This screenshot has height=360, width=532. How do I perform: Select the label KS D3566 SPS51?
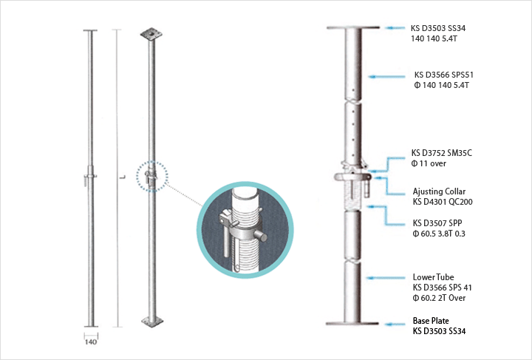pyautogui.click(x=443, y=75)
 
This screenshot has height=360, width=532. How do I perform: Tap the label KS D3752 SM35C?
pyautogui.click(x=441, y=153)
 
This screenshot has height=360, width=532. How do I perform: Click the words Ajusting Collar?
pyautogui.click(x=439, y=191)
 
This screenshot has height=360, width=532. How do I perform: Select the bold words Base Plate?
pyautogui.click(x=429, y=322)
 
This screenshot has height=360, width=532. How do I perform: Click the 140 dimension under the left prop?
pyautogui.click(x=89, y=342)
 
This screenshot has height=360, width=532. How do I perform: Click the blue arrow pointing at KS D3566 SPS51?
pyautogui.click(x=387, y=75)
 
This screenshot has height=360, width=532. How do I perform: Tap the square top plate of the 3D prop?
pyautogui.click(x=152, y=33)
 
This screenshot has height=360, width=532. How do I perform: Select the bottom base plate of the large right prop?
pyautogui.click(x=352, y=323)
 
